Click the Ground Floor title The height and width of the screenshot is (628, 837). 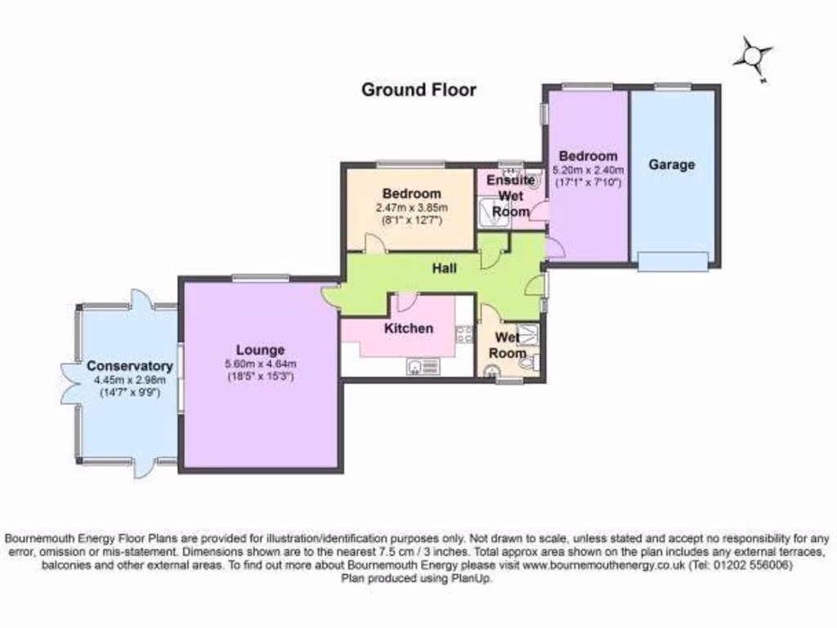(418, 89)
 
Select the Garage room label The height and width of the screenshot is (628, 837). (671, 164)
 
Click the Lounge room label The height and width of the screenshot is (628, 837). (261, 349)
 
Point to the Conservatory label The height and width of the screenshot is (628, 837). (130, 366)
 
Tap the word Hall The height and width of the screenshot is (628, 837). (444, 267)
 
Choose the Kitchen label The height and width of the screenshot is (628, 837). (409, 328)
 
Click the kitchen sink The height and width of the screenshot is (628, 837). (422, 366)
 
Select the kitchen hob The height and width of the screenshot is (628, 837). (464, 334)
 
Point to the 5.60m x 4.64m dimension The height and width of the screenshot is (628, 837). (261, 364)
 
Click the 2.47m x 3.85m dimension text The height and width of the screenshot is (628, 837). (411, 208)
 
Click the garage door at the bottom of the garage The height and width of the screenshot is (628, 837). (673, 262)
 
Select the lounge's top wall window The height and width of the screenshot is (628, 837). (259, 277)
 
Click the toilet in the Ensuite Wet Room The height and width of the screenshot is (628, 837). (531, 179)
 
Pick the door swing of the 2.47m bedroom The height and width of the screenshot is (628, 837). (373, 243)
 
